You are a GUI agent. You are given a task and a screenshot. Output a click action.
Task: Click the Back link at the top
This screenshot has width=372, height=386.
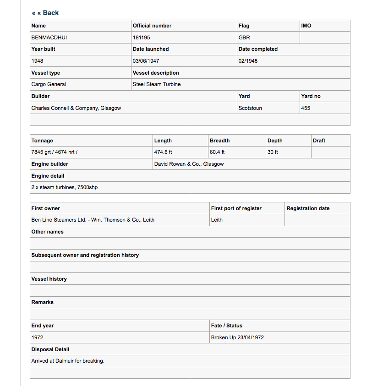(x=45, y=13)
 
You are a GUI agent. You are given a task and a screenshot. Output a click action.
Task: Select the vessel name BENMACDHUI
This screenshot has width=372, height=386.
(x=49, y=38)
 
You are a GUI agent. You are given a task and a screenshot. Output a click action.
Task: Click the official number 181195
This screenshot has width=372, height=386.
(x=142, y=38)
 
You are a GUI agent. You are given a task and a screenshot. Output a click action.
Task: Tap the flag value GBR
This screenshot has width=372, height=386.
(x=244, y=38)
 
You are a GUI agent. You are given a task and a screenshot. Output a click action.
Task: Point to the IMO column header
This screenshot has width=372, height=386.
(x=306, y=26)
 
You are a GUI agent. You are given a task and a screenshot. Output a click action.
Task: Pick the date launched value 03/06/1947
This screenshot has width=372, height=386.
(x=146, y=61)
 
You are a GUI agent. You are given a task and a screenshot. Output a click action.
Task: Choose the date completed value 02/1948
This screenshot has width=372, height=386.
(x=248, y=61)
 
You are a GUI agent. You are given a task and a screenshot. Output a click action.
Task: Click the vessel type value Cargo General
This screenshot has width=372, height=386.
(x=49, y=84)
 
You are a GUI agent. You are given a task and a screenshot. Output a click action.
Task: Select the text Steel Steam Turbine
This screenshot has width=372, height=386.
(x=157, y=84)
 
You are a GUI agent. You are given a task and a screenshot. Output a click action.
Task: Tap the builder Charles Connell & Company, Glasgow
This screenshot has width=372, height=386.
(x=76, y=108)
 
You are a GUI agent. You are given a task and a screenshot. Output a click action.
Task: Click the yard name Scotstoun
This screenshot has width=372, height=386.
(x=250, y=108)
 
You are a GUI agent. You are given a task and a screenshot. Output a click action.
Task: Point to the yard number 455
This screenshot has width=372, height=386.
(x=306, y=108)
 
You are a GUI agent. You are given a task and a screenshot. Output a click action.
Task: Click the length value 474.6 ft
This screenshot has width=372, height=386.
(x=163, y=152)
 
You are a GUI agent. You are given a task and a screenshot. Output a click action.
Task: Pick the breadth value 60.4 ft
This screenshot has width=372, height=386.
(x=217, y=152)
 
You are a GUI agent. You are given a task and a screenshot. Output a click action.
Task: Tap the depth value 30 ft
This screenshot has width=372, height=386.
(x=273, y=152)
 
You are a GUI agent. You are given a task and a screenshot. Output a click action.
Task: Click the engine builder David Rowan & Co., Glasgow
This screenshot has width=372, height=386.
(x=189, y=164)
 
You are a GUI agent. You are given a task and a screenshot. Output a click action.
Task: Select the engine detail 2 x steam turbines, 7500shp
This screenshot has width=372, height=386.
(x=65, y=187)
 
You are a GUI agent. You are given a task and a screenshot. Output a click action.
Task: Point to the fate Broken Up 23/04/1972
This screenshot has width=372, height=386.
(x=237, y=337)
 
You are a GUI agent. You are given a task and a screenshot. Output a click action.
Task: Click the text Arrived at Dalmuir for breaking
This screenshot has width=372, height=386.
(x=68, y=361)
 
